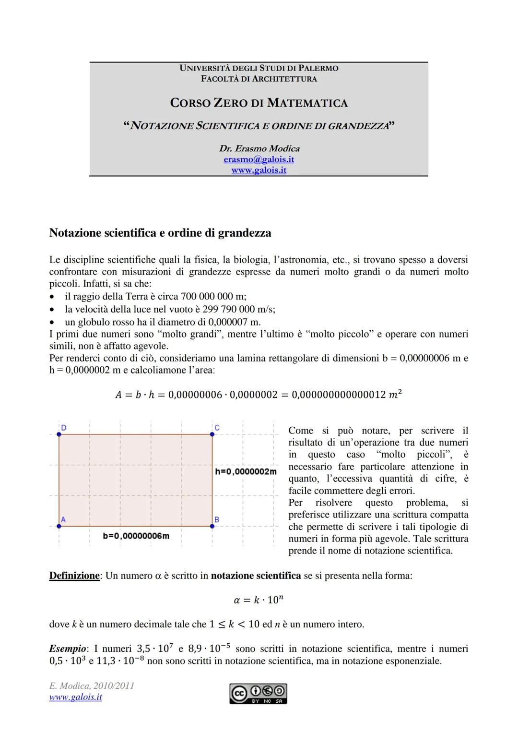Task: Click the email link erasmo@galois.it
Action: [x=259, y=159]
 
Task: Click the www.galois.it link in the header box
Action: [x=259, y=170]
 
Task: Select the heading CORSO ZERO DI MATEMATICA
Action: [x=259, y=103]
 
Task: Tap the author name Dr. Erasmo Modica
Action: [x=259, y=148]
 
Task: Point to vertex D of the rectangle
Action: [x=59, y=434]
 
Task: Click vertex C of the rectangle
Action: [x=212, y=434]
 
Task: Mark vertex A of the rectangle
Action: [x=59, y=526]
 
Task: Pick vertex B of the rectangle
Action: [x=212, y=526]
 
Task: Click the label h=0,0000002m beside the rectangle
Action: [x=246, y=472]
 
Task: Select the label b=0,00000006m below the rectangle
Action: [x=136, y=536]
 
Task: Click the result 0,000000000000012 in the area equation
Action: [x=338, y=395]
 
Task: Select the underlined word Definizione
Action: [x=74, y=576]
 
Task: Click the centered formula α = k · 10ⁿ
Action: [x=259, y=600]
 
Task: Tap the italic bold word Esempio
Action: [x=67, y=649]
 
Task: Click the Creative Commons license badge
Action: [x=258, y=694]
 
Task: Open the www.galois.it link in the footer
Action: [x=75, y=697]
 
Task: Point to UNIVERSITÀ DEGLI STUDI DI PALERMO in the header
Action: [x=259, y=68]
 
